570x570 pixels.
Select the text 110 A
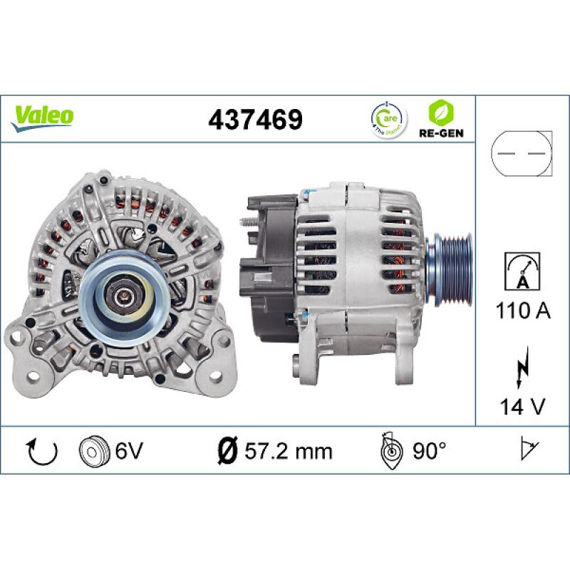click(x=522, y=311)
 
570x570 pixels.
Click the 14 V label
click(x=522, y=408)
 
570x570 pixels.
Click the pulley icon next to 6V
click(x=92, y=451)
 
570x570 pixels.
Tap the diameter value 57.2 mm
click(x=286, y=451)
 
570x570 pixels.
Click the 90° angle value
click(x=428, y=451)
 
